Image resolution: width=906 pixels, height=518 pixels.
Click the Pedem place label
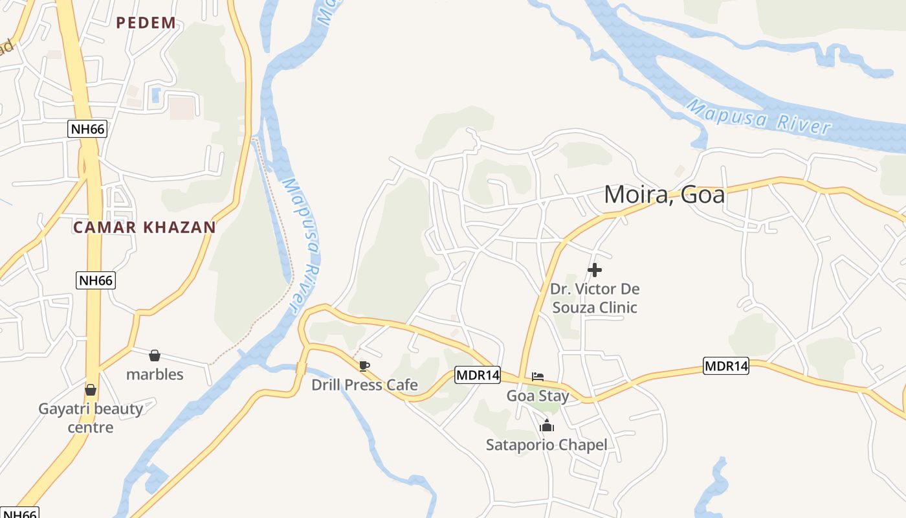tap(146, 23)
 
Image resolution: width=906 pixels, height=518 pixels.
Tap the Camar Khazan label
tap(144, 227)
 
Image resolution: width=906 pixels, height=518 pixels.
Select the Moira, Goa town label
tap(664, 194)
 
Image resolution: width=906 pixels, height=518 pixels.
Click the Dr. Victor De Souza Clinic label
tap(595, 298)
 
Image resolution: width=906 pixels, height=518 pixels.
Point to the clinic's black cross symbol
tap(595, 269)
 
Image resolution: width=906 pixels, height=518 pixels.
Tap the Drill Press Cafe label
tap(364, 385)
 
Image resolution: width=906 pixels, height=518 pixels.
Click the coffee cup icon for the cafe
tap(364, 366)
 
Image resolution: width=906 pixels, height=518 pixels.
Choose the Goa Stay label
tap(538, 396)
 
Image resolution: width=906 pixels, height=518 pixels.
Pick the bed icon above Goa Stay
tap(538, 376)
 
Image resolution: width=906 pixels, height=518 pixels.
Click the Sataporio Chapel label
tap(547, 445)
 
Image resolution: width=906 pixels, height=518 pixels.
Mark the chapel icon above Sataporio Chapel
tap(547, 425)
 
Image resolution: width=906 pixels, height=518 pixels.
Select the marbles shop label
tap(155, 374)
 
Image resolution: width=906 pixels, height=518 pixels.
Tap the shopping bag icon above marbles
tap(155, 355)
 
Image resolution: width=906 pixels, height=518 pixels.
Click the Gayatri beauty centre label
tap(91, 418)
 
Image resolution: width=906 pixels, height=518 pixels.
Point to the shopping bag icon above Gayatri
tap(91, 390)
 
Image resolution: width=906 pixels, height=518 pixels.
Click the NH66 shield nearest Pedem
tap(87, 129)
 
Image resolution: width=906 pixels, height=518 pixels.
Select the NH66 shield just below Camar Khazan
tap(95, 280)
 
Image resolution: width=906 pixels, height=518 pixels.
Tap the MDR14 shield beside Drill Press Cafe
tap(478, 375)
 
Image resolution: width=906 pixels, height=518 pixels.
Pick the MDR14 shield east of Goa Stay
tap(726, 366)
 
